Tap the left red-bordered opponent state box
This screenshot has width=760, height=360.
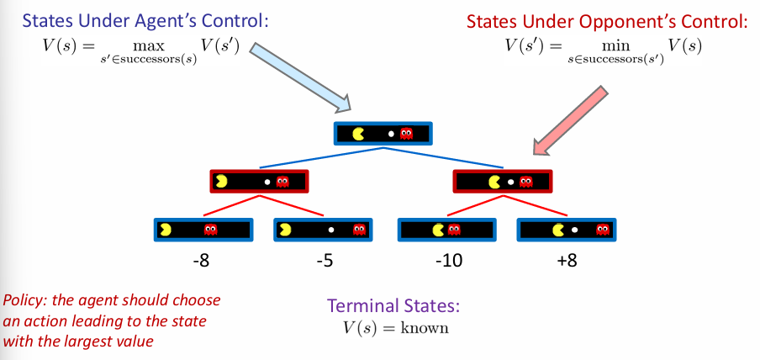(259, 181)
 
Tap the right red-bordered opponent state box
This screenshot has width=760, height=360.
(502, 181)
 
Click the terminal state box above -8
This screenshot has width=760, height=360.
(203, 229)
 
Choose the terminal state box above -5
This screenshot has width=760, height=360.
(324, 229)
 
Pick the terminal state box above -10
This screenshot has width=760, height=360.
(446, 229)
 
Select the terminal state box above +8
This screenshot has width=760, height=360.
(566, 229)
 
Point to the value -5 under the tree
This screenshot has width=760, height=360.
(325, 261)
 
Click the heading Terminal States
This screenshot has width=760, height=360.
(393, 305)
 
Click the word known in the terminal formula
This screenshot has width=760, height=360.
(425, 328)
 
